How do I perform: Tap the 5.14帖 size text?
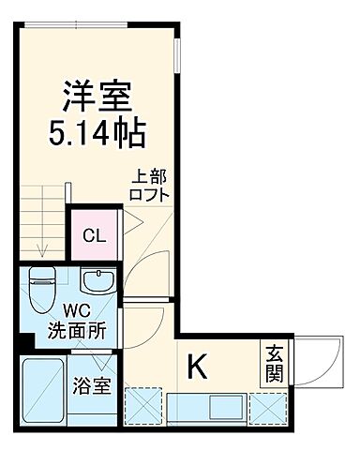97,133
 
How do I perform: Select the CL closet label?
95,234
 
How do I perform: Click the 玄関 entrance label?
273,364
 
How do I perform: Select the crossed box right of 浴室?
143,405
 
